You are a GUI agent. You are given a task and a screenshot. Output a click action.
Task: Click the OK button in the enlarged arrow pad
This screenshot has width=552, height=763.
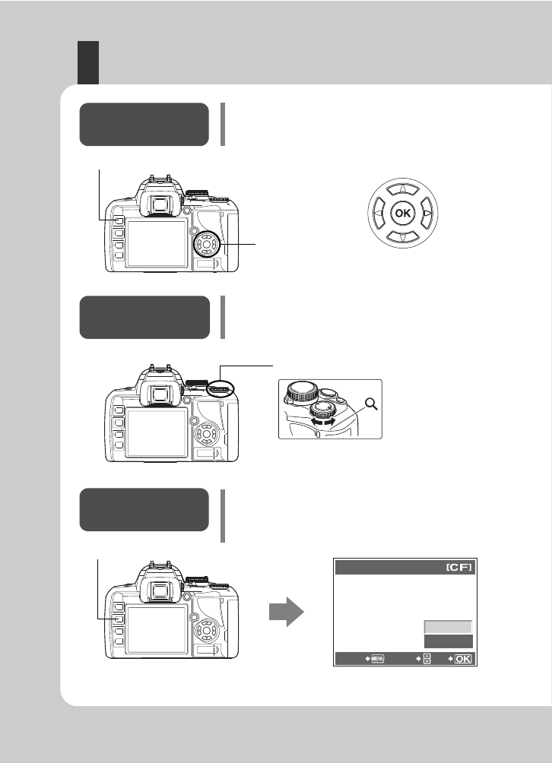pos(403,214)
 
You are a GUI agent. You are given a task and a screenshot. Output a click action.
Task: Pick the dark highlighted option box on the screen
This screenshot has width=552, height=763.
pos(447,641)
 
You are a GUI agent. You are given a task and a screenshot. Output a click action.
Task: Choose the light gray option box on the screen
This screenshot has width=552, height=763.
pos(447,626)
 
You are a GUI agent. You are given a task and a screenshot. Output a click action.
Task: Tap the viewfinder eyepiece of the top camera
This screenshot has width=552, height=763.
pos(160,203)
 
